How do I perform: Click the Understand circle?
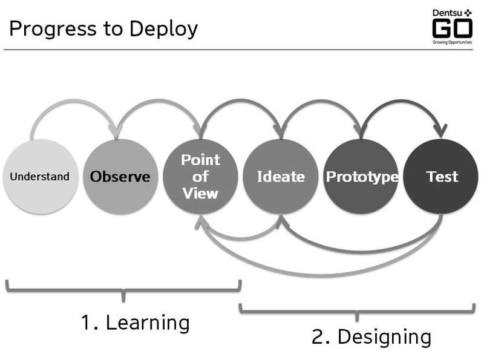tap(40, 177)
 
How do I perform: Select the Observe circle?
tap(120, 177)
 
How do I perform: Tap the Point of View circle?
tap(200, 177)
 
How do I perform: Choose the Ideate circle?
tap(280, 177)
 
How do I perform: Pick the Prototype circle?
tap(361, 177)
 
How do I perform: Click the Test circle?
tap(441, 177)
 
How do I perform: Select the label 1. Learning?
tap(135, 322)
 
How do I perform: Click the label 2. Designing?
tap(371, 336)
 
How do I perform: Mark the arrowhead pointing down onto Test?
tap(440, 130)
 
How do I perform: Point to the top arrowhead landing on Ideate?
tap(280, 130)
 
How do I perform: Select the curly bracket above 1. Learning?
tap(123, 289)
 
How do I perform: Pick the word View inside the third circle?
tap(200, 194)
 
